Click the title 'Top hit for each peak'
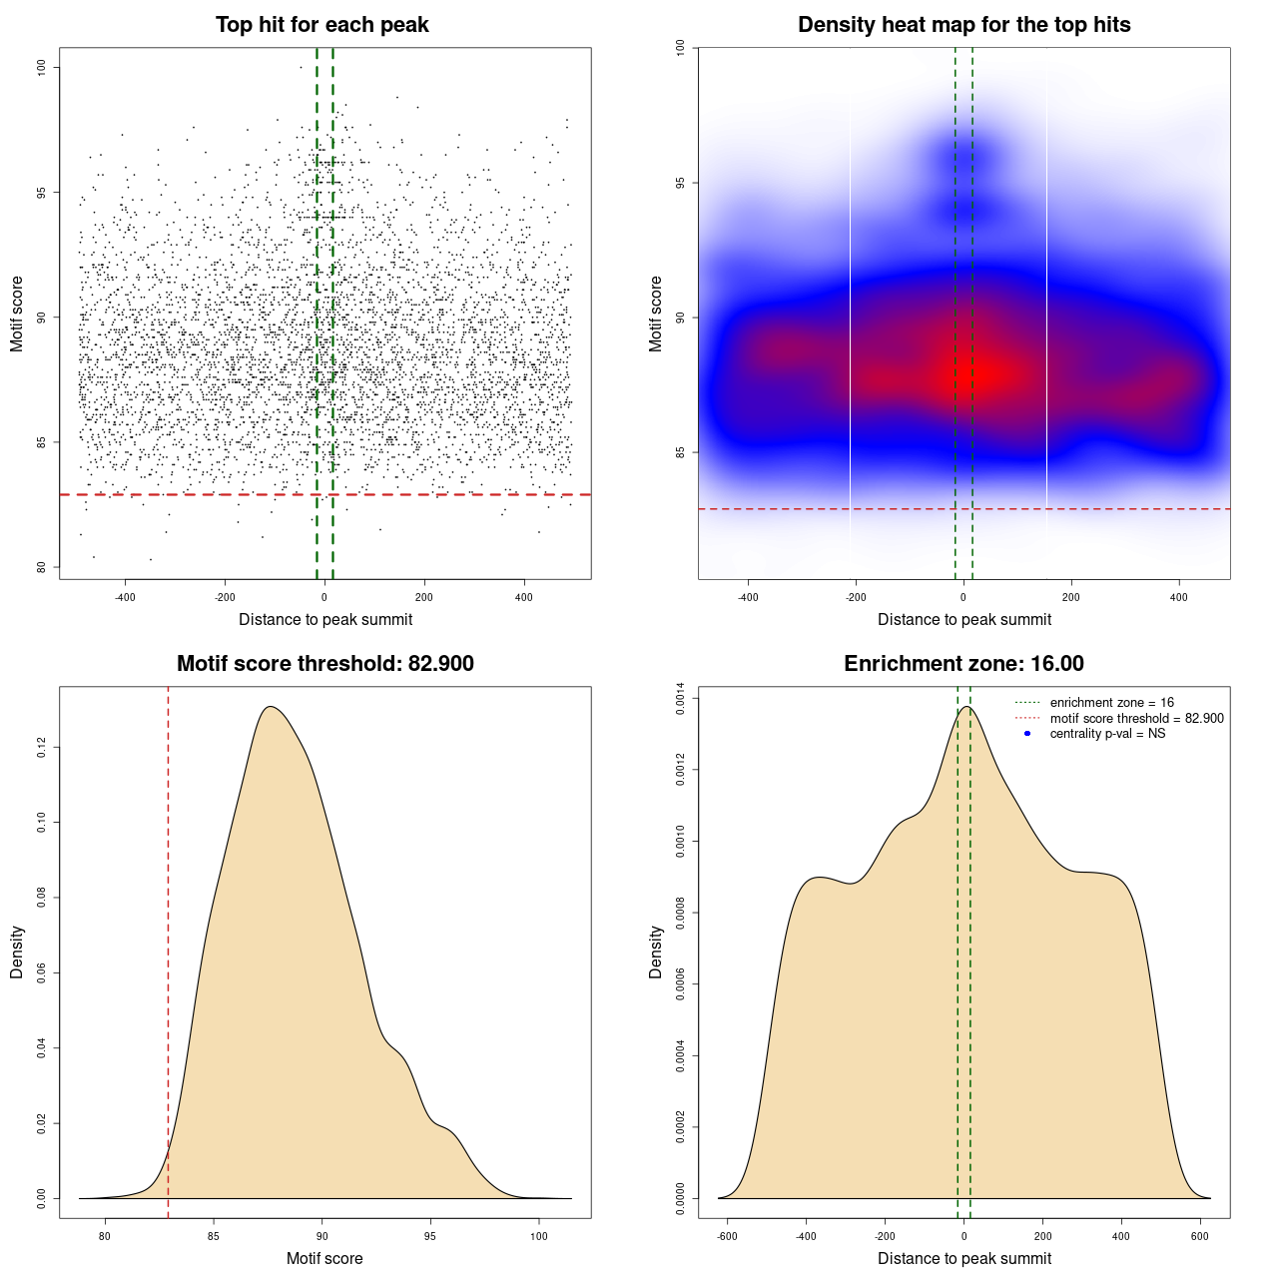click(321, 25)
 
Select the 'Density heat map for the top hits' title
click(963, 25)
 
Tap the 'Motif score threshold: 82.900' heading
click(324, 664)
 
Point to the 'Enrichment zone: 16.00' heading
click(963, 664)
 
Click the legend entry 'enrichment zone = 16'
click(1111, 703)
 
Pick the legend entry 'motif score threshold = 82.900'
click(1136, 718)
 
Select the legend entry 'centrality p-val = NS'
click(1107, 734)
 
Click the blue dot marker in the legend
click(1027, 734)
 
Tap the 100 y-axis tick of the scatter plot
click(42, 67)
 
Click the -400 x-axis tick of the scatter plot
click(125, 597)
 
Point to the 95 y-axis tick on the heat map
click(680, 183)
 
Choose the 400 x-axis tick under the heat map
click(1179, 597)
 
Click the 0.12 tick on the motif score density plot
click(42, 748)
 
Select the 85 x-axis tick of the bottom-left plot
click(213, 1236)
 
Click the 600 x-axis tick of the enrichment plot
click(1200, 1236)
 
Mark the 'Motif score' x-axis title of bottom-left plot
click(324, 1258)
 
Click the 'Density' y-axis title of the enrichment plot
click(656, 952)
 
